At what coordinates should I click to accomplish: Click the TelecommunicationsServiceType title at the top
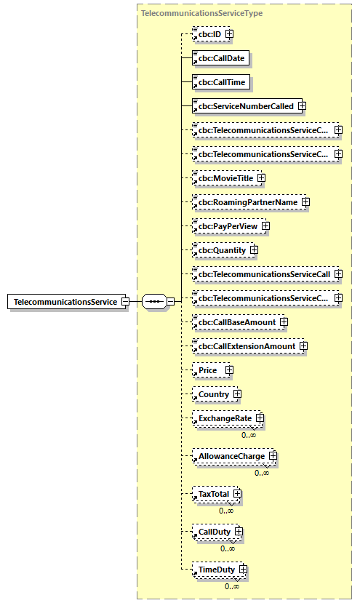[201, 13]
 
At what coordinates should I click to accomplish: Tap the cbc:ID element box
[207, 34]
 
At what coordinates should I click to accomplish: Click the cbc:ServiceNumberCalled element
[244, 106]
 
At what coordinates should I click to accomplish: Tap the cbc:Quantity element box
[220, 250]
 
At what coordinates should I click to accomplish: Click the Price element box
[207, 370]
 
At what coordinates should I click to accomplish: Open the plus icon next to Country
[237, 394]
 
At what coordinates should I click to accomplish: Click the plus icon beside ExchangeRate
[260, 419]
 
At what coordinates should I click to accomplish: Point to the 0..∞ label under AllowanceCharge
[263, 473]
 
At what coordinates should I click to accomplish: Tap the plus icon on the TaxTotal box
[237, 495]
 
